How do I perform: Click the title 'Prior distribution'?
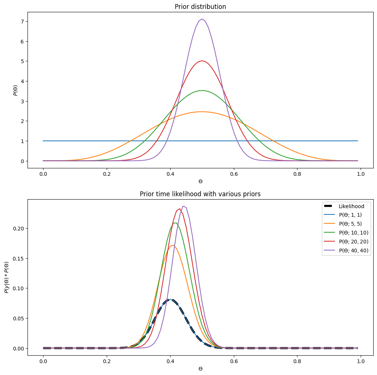coord(200,6)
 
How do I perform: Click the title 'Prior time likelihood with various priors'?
coord(200,194)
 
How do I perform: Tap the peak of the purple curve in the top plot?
coord(202,19)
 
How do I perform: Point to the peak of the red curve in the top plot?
coord(202,61)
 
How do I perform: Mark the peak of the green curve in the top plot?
coord(202,90)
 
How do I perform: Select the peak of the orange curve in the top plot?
coord(202,111)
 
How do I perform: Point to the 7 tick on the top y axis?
coord(22,22)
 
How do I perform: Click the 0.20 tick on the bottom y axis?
coord(18,228)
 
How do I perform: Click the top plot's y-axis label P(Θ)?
coord(16,90)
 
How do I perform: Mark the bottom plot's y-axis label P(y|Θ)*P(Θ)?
coord(6,277)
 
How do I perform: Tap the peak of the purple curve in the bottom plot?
coord(183,206)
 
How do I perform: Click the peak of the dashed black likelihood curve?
coord(170,299)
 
